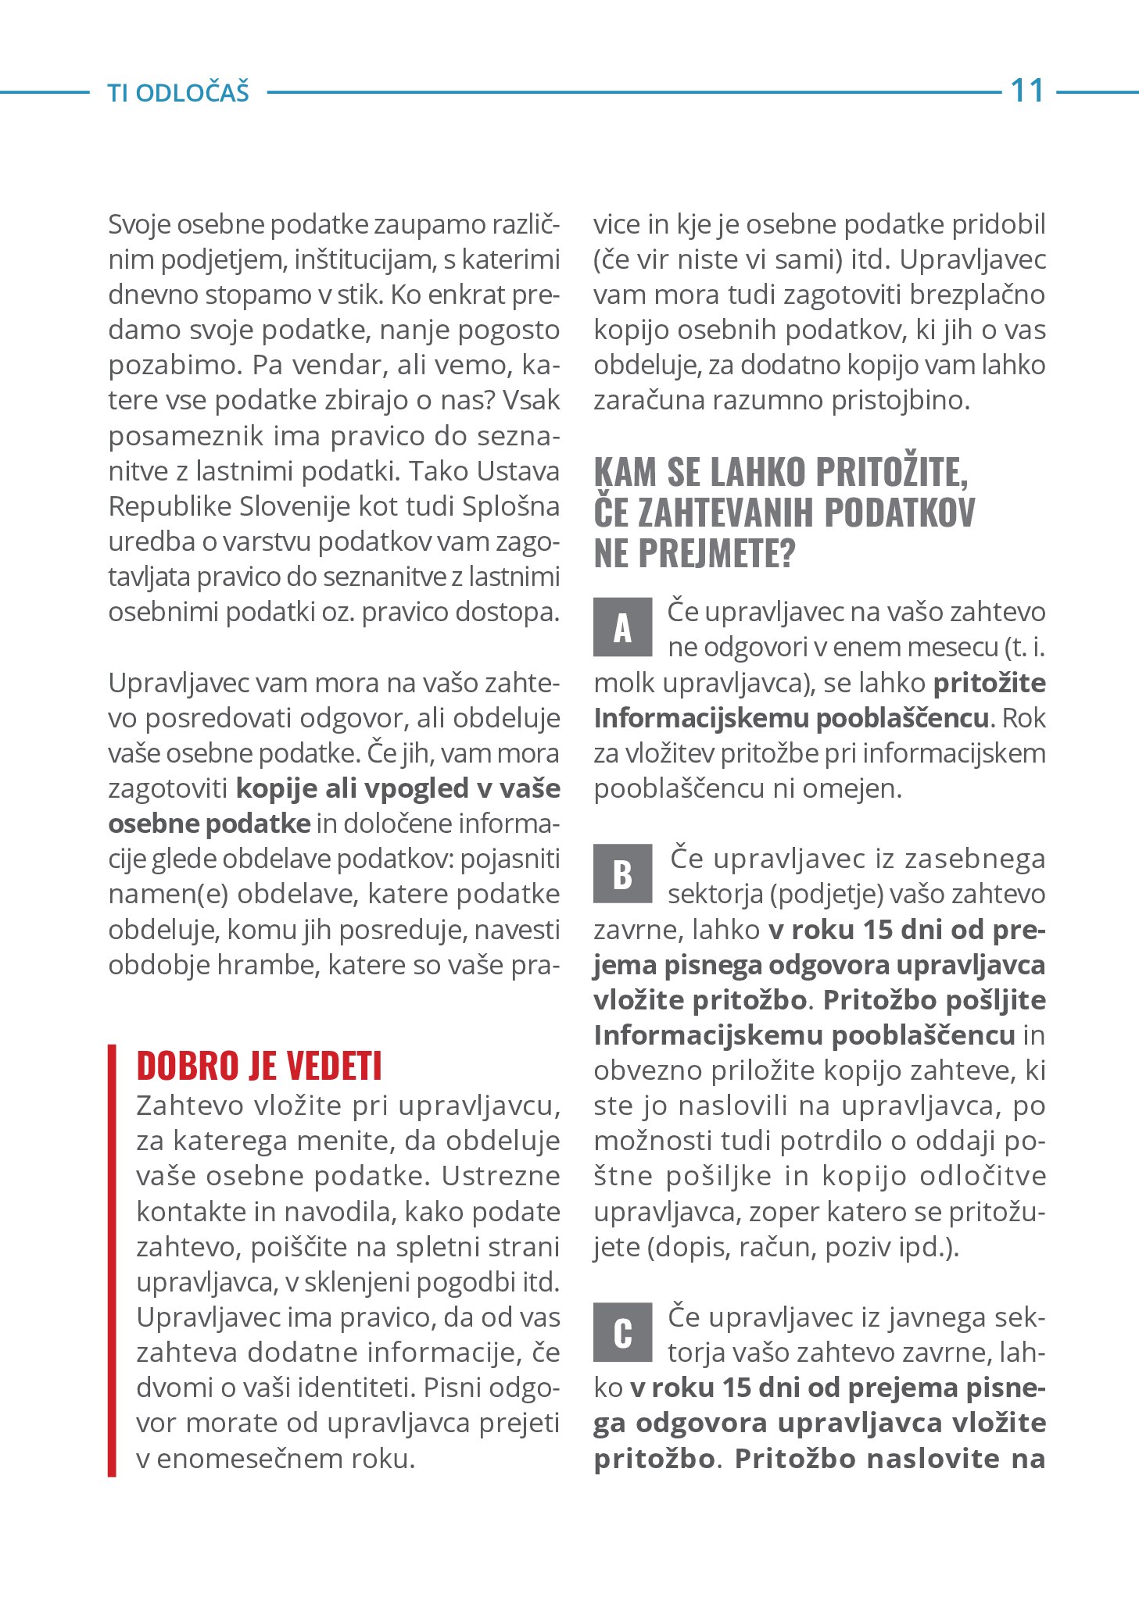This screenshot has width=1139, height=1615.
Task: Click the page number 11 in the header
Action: click(x=1027, y=91)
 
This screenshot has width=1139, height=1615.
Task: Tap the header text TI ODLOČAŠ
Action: click(x=178, y=92)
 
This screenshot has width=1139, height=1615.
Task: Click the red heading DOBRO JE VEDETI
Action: click(x=259, y=1066)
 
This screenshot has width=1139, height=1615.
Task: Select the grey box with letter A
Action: click(x=622, y=627)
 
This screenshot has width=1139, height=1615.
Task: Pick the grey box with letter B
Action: click(x=622, y=874)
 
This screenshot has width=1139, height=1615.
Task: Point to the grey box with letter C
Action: click(x=622, y=1332)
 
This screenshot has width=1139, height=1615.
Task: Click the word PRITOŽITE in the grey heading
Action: click(x=892, y=472)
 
